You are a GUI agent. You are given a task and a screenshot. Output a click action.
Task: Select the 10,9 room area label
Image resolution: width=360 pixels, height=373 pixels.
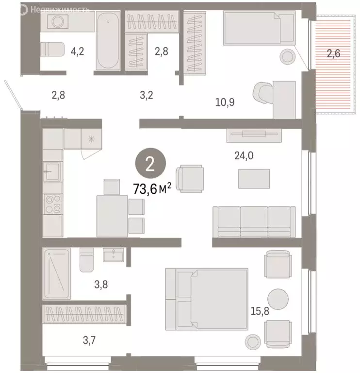(226, 102)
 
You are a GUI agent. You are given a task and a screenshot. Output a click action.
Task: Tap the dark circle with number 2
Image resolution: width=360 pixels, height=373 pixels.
(149, 165)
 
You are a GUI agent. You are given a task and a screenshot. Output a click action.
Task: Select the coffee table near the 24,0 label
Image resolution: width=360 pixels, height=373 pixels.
(254, 179)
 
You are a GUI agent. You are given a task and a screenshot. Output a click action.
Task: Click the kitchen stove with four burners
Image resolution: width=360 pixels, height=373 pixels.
(52, 204)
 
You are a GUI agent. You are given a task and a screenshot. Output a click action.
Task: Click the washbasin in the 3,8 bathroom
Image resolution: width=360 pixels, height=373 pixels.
(114, 255)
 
